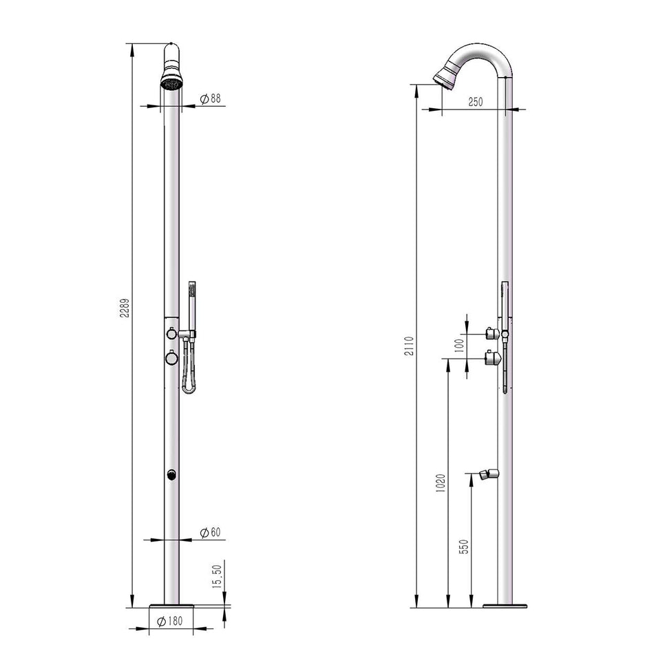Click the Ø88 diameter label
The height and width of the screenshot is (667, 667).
(x=210, y=99)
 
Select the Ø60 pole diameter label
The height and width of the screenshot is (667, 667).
(x=210, y=533)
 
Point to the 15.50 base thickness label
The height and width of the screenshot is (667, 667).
(x=217, y=575)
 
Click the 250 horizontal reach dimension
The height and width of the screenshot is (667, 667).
(x=476, y=102)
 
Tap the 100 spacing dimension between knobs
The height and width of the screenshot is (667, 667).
(x=459, y=345)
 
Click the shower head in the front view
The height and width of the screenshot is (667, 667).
(x=171, y=76)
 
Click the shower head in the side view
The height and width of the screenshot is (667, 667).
(x=445, y=76)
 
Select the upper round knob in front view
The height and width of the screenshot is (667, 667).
(x=171, y=335)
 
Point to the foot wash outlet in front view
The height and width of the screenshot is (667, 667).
(x=171, y=474)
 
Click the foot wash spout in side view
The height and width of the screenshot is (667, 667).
(x=487, y=474)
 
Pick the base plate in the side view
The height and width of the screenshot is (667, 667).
(x=506, y=606)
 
